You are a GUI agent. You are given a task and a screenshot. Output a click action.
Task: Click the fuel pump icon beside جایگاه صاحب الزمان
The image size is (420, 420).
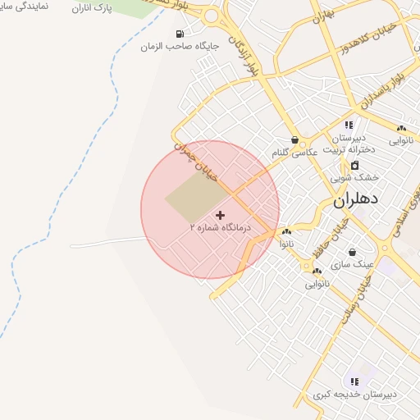(x=179, y=34)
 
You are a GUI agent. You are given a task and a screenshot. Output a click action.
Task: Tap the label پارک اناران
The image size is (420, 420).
(x=91, y=8)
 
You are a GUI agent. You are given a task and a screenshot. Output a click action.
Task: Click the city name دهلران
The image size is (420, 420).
(x=356, y=199)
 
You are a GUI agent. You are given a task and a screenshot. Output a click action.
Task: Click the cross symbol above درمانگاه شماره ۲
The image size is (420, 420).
(x=220, y=215)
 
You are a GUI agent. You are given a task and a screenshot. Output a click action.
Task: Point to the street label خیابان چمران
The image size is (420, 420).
(x=194, y=153)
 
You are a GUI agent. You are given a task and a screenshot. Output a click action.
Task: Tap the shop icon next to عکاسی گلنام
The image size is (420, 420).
(x=294, y=140)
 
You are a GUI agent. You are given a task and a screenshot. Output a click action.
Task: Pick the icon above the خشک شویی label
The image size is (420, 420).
(x=354, y=166)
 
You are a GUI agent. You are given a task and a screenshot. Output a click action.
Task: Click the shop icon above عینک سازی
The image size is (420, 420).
(x=352, y=253)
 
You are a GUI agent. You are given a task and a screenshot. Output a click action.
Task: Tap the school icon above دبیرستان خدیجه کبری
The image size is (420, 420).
(x=354, y=381)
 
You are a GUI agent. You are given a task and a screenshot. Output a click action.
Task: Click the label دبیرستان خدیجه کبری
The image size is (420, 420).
(x=354, y=395)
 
